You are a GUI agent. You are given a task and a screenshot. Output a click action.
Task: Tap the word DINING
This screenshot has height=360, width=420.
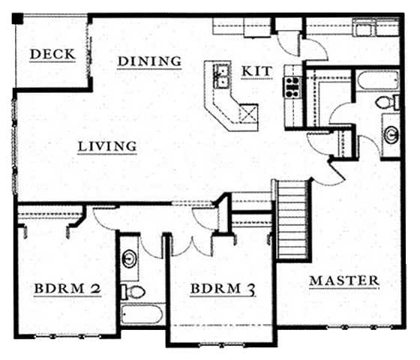[150, 61]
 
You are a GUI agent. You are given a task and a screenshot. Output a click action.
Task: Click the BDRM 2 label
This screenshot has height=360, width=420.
[67, 289]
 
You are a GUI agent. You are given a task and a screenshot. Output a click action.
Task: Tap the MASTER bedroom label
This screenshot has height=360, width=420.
[344, 280]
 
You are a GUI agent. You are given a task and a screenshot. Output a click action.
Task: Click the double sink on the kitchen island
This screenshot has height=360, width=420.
[222, 74]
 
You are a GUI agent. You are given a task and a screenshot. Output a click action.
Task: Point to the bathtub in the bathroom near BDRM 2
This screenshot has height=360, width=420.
[142, 314]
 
